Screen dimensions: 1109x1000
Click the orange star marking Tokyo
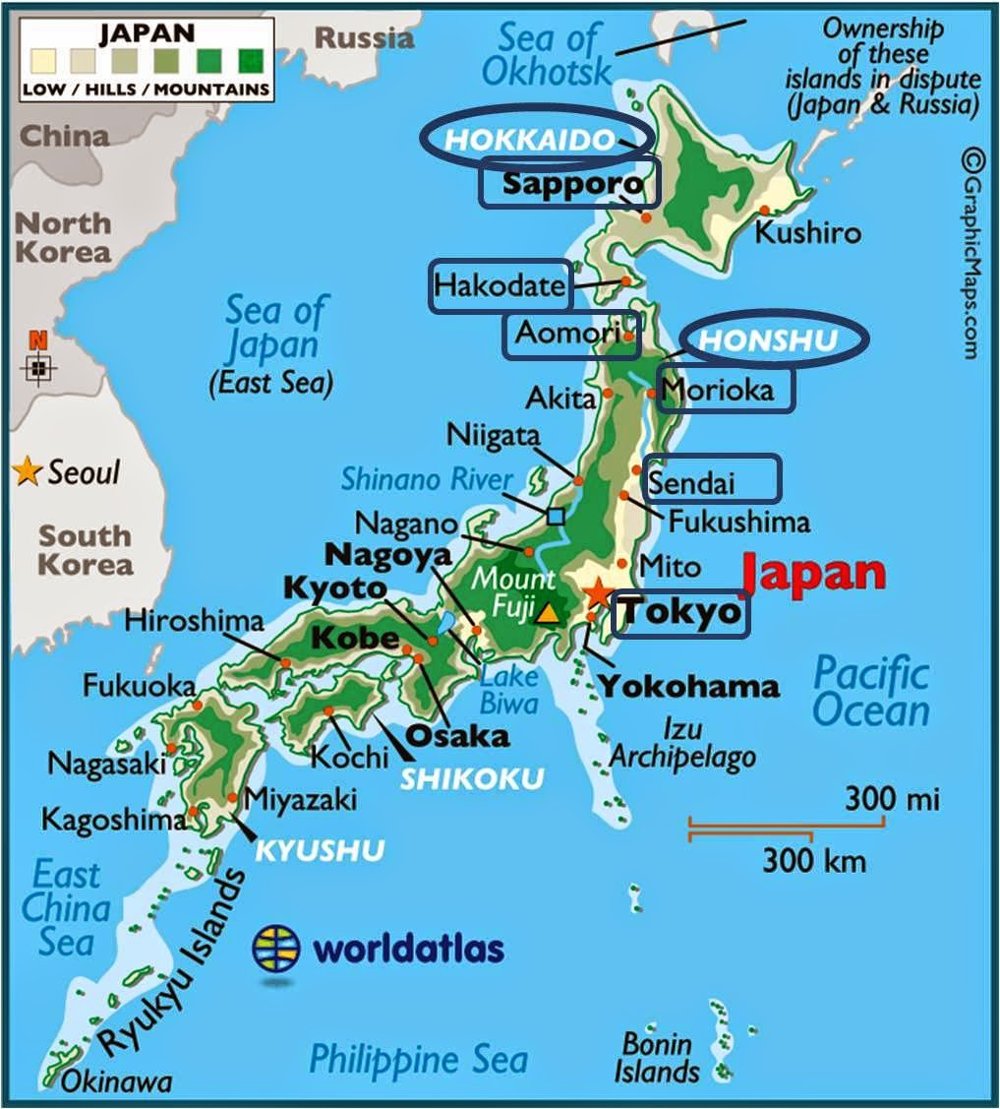click(x=597, y=593)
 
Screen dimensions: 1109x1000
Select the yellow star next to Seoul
click(x=28, y=471)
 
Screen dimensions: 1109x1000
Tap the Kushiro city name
click(x=807, y=233)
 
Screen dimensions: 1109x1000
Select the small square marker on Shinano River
click(x=557, y=516)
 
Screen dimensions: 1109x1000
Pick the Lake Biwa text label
click(x=509, y=690)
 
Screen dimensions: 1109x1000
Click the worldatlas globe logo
click(x=276, y=949)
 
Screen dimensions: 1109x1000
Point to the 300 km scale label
click(x=814, y=862)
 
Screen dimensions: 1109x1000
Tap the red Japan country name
click(x=813, y=574)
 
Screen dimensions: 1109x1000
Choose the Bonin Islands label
click(x=658, y=1057)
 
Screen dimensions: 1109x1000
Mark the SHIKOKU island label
click(x=472, y=778)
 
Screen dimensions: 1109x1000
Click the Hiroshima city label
click(x=195, y=621)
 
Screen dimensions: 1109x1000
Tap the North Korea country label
click(x=62, y=236)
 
